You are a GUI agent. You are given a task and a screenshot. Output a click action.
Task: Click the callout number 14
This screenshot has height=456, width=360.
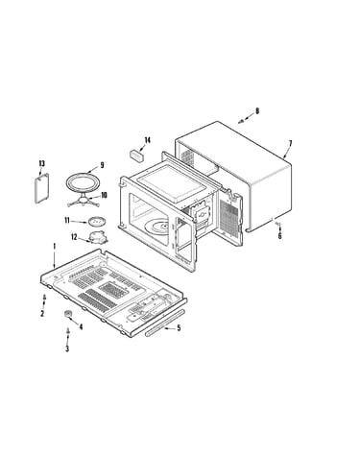(147, 140)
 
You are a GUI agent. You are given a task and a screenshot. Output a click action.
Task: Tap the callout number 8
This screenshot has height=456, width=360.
(257, 111)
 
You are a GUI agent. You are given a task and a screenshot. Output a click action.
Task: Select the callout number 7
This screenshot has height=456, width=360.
(290, 144)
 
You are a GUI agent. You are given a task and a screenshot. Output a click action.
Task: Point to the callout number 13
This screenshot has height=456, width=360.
(41, 163)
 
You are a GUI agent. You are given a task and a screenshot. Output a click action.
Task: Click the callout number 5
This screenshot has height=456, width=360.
(179, 328)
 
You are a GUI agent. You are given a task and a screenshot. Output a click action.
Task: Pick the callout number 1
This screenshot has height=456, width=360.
(55, 247)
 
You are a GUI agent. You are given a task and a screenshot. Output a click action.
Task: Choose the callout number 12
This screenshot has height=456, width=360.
(74, 237)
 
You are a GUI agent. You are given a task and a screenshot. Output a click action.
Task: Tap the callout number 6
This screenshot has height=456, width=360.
(279, 236)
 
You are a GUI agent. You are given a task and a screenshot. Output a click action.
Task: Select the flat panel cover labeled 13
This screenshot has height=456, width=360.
(41, 188)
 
